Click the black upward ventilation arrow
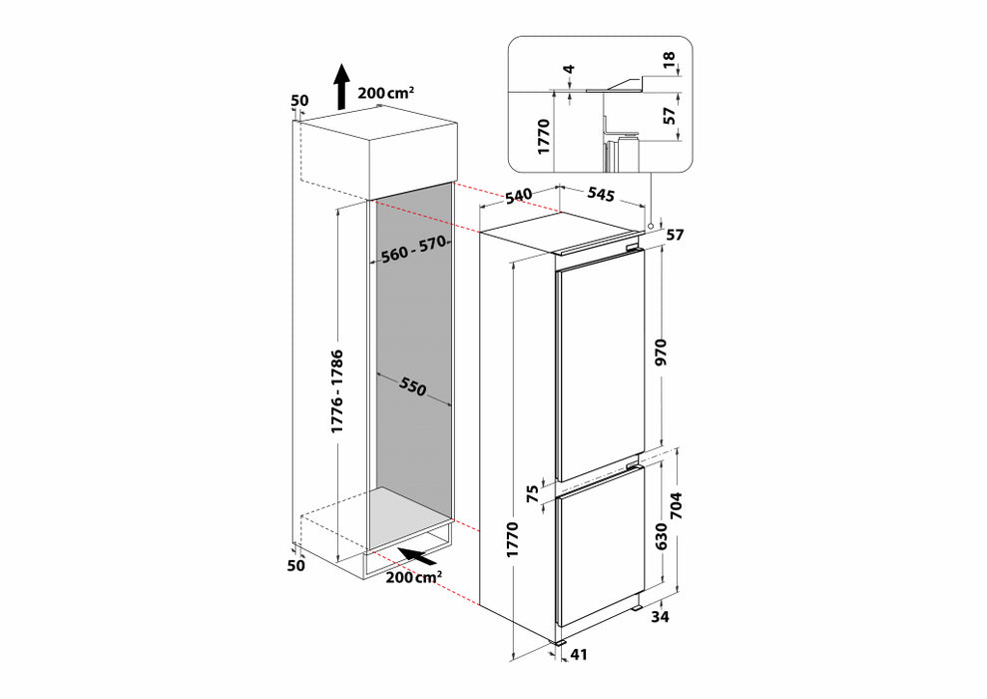click(x=341, y=86)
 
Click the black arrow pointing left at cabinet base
click(x=417, y=555)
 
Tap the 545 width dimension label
click(x=601, y=194)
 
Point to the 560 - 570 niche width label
click(x=413, y=249)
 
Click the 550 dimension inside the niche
click(x=412, y=387)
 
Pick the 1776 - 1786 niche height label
click(x=337, y=391)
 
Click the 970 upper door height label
click(x=660, y=352)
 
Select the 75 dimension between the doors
click(x=532, y=493)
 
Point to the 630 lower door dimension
click(x=661, y=536)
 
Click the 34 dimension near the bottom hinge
click(x=660, y=617)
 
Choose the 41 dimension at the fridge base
click(x=578, y=655)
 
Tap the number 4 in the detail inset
click(x=569, y=68)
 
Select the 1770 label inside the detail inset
click(x=544, y=136)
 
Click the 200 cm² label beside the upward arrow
click(x=386, y=93)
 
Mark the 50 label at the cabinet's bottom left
click(x=295, y=565)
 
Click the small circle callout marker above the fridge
click(x=650, y=226)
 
